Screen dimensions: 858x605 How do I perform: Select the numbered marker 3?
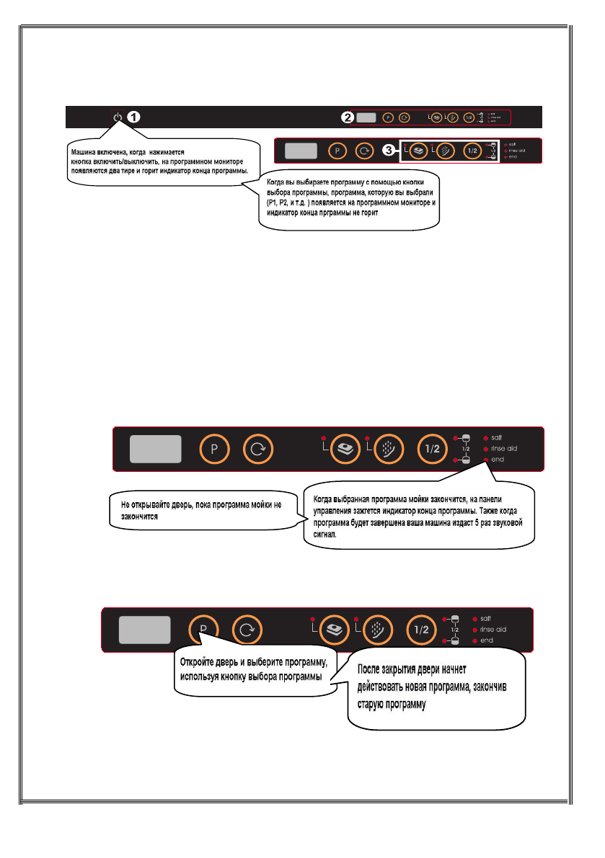point(390,151)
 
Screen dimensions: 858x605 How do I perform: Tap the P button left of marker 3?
point(336,151)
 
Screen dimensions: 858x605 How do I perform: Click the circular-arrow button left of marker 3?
point(364,151)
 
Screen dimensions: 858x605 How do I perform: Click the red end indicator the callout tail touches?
point(486,458)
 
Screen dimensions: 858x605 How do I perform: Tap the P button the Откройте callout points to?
point(203,630)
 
